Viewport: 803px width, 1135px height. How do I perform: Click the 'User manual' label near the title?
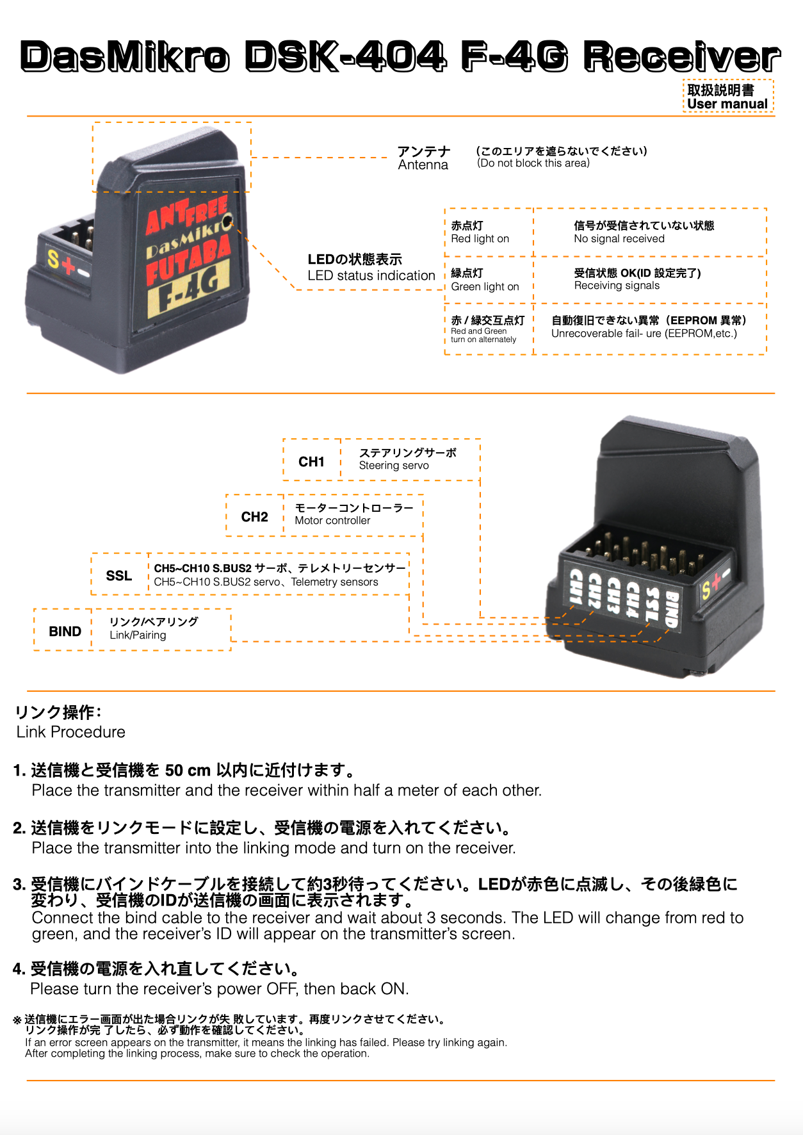[727, 104]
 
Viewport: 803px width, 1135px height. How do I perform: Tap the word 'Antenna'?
[423, 165]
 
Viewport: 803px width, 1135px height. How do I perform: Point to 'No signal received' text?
[619, 239]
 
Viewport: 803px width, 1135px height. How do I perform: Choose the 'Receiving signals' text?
[617, 286]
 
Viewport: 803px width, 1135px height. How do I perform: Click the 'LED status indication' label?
[371, 276]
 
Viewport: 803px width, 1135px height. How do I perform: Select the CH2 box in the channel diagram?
[255, 516]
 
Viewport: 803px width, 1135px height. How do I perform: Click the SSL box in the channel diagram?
[119, 575]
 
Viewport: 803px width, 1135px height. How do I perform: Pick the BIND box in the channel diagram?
[65, 631]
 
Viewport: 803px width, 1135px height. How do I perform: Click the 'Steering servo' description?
[394, 466]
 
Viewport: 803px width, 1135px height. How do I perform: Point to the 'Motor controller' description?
[332, 521]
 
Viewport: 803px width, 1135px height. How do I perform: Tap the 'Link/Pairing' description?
[138, 635]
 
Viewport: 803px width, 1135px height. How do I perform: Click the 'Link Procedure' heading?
[71, 732]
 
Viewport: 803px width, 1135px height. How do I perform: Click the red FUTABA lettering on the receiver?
[188, 259]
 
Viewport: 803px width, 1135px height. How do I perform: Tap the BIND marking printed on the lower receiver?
[670, 608]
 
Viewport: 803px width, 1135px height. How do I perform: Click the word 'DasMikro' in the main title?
[125, 57]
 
